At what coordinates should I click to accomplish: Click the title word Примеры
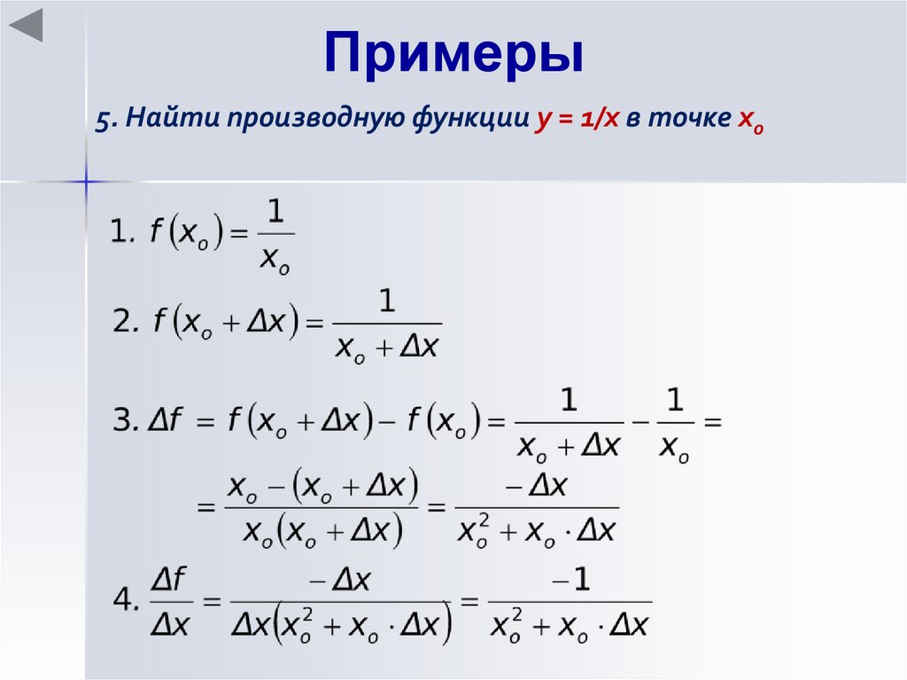click(453, 54)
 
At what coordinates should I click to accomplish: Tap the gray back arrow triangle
click(27, 26)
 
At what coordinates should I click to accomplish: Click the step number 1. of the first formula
click(122, 233)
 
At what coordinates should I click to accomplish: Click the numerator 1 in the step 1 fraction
click(275, 211)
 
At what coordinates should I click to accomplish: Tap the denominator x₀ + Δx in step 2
click(389, 347)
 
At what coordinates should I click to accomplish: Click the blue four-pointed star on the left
click(86, 182)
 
